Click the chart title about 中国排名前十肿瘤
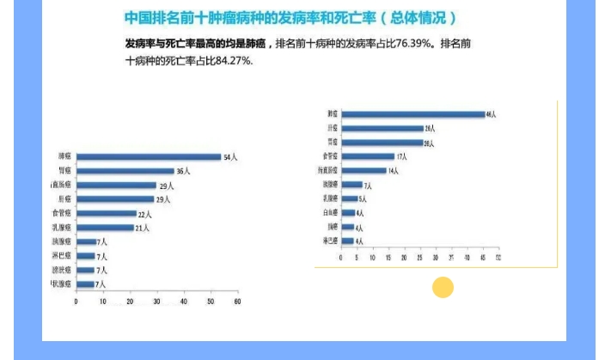pos(290,18)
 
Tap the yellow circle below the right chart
pos(443,288)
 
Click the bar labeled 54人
pos(148,157)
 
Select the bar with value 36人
pos(125,171)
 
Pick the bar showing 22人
pos(106,213)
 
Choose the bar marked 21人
pos(104,228)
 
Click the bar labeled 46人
pos(412,113)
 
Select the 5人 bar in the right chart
pos(348,198)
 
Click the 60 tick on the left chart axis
pos(237,302)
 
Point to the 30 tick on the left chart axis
pos(156,302)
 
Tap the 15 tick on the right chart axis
pos(388,257)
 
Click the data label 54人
pos(230,157)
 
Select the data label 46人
pos(492,114)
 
